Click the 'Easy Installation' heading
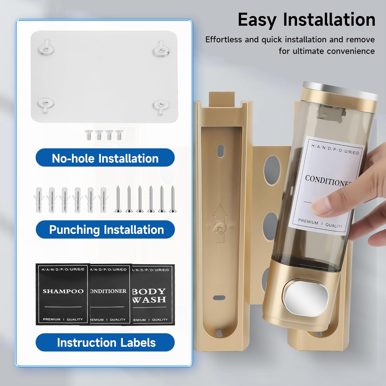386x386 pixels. click(306, 20)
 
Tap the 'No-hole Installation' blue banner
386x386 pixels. click(105, 158)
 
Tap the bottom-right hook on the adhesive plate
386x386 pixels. click(161, 106)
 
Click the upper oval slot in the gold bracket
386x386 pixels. click(220, 151)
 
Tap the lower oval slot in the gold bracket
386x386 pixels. click(219, 298)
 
